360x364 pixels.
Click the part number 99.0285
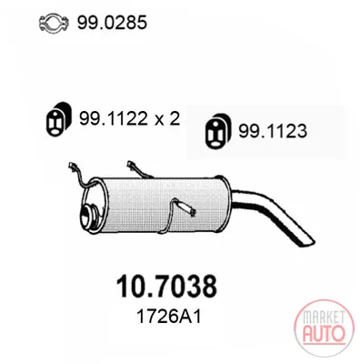(112, 23)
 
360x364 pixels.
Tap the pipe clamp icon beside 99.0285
(55, 23)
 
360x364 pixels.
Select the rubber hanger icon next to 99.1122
(58, 119)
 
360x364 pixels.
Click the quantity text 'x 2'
(168, 119)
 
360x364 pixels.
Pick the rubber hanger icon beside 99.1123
(217, 131)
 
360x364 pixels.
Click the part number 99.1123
(273, 131)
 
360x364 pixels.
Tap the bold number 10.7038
(166, 286)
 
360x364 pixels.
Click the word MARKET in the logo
(324, 318)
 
